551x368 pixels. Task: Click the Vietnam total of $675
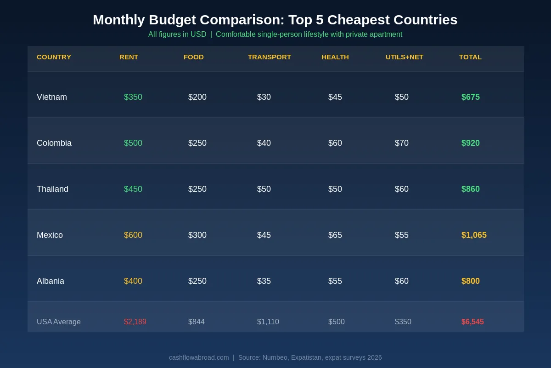tap(470, 97)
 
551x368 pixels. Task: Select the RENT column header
tap(129, 57)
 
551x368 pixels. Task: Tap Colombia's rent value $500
tap(133, 143)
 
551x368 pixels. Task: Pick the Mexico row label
tap(50, 235)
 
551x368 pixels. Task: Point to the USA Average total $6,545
tap(472, 322)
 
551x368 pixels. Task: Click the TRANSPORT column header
tap(269, 57)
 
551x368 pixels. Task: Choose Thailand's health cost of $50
tap(335, 189)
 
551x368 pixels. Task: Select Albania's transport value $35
tap(264, 281)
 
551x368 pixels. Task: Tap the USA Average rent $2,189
tap(135, 322)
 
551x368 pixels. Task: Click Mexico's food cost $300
tap(197, 235)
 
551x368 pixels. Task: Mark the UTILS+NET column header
tap(404, 57)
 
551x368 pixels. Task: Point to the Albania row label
tap(51, 281)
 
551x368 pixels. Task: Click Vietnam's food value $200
tap(197, 97)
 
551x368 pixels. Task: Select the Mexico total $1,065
tap(474, 235)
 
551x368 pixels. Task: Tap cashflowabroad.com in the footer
tap(199, 357)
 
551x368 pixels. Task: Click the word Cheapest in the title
tap(355, 20)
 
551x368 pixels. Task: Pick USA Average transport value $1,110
tap(268, 322)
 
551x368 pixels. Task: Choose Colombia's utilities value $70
tap(402, 143)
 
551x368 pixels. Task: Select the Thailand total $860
tap(470, 189)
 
